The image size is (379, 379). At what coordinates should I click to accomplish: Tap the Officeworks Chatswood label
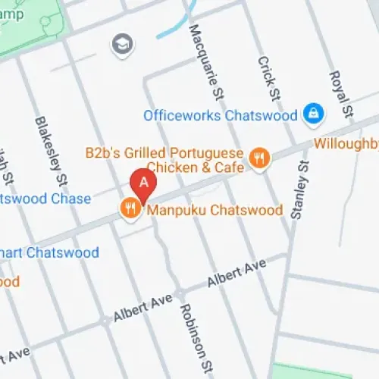coord(221,116)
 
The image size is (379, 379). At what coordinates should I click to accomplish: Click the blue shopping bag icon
coord(311,114)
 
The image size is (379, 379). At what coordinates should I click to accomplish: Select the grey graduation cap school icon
coord(120,44)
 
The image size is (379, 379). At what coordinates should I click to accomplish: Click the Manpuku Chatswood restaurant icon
coord(130,208)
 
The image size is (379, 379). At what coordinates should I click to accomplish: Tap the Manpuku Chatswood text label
coord(215,210)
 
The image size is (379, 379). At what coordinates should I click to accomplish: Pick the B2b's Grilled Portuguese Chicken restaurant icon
coord(260,158)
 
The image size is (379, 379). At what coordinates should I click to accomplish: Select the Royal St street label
coord(339,93)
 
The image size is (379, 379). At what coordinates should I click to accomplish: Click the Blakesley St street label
coord(49,150)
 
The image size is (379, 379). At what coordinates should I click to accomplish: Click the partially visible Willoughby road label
coord(346,142)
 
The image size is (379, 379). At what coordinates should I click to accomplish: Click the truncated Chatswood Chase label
coord(45,199)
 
